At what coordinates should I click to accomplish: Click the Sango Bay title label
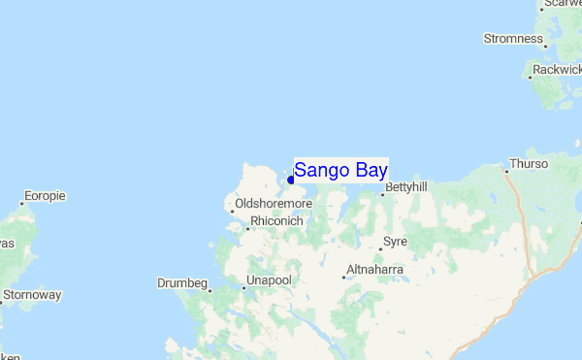point(340,171)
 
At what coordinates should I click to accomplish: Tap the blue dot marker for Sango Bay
point(291,180)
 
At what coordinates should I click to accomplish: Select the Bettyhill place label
point(406,186)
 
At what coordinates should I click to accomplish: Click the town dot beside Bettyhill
point(383,194)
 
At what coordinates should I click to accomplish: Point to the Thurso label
point(529,164)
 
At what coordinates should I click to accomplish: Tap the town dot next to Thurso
point(506,172)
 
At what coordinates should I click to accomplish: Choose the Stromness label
point(513,39)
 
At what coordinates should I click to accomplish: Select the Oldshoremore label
point(274,204)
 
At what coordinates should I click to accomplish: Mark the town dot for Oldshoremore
point(233,211)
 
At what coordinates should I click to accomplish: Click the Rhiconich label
point(276,221)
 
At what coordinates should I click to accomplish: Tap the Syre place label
point(395,241)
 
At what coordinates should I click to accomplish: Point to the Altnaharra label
point(377,269)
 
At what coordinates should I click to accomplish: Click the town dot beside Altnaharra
point(344,277)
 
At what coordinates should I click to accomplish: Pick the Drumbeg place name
point(182,283)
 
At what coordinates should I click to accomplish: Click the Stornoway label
point(32,294)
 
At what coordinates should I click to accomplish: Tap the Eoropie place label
point(45,196)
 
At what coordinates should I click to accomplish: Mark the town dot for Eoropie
point(22,204)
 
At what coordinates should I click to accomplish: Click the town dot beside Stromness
point(546,46)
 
